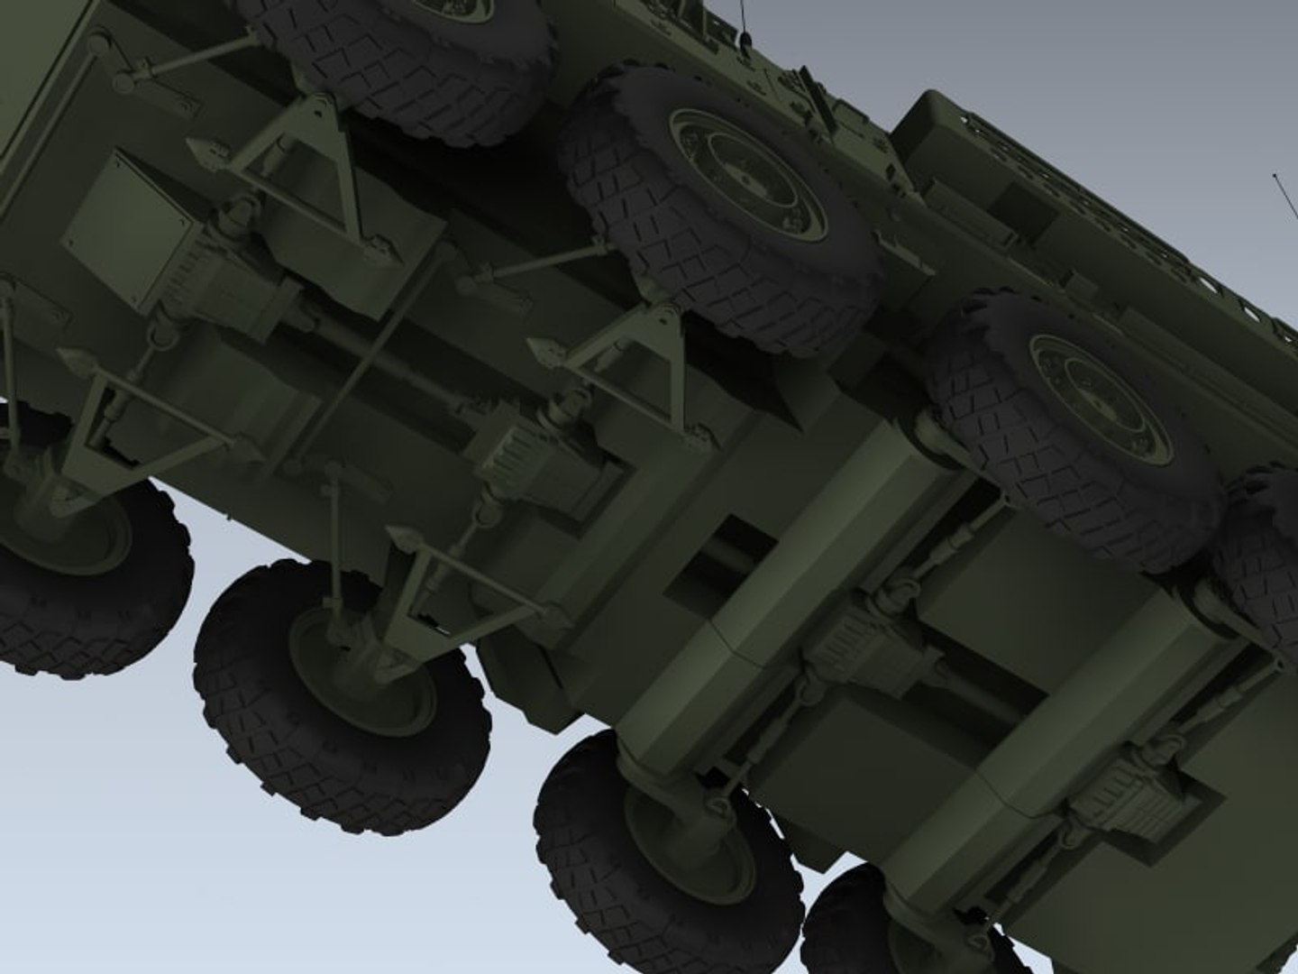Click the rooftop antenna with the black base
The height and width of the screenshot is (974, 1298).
[745, 36]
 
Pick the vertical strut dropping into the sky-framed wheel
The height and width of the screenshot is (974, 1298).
[335, 541]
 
